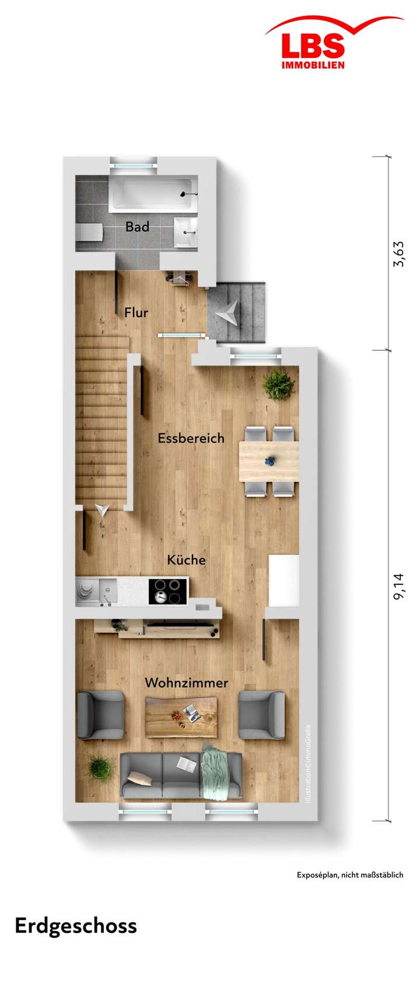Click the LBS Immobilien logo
313,47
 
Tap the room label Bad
137,226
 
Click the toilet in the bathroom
89,233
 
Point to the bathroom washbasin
187,231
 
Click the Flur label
136,313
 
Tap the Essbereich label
191,438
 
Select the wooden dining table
269,461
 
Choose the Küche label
186,560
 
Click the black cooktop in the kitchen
168,591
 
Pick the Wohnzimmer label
186,682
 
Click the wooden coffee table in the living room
180,717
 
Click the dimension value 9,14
398,586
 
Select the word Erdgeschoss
76,926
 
